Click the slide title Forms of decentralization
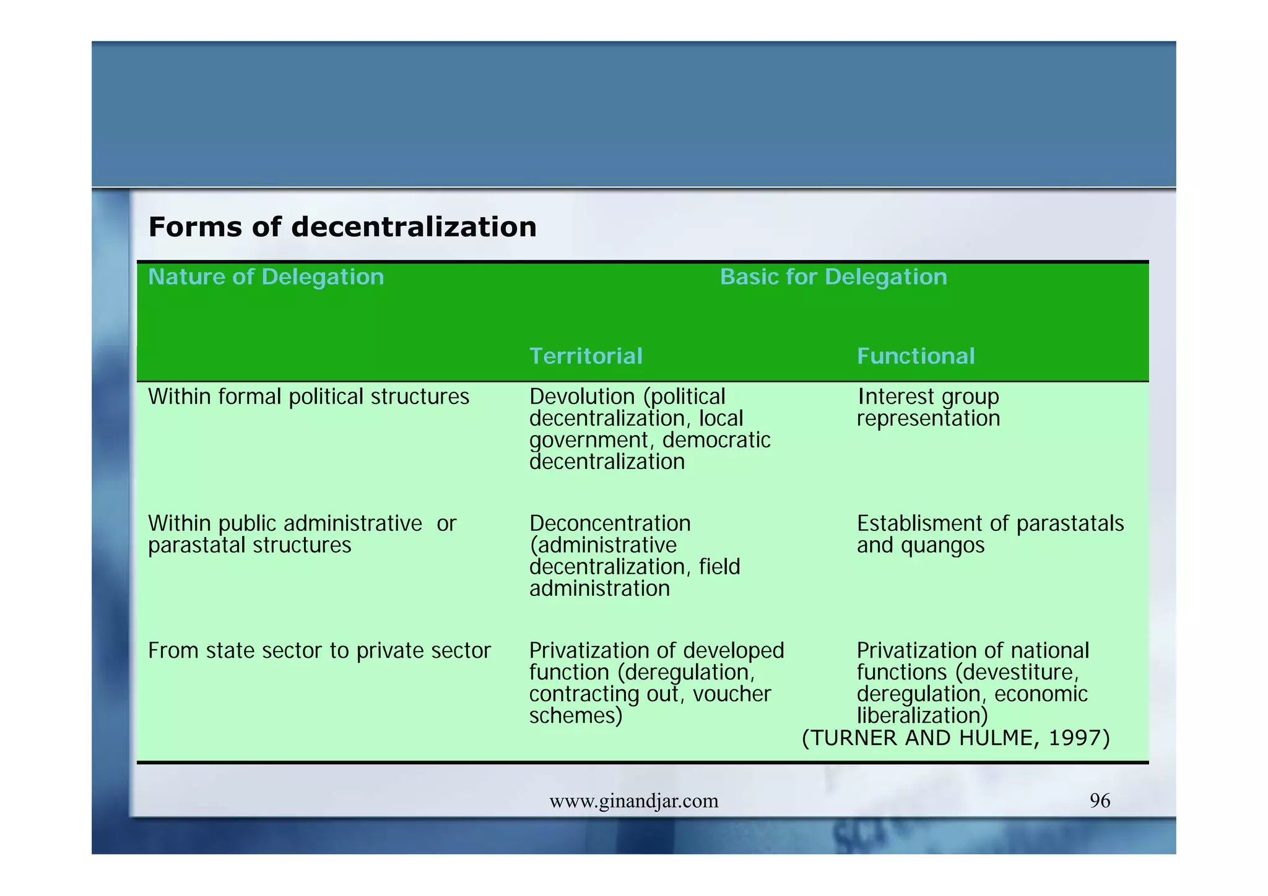[x=342, y=227]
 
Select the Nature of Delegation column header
[x=266, y=277]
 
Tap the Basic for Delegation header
[x=833, y=277]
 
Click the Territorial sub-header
[x=586, y=356]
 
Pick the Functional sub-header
[x=916, y=356]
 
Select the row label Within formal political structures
[x=308, y=397]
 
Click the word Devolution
[x=581, y=397]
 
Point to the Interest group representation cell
[x=927, y=408]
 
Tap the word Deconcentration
[x=610, y=523]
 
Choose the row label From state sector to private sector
[x=319, y=651]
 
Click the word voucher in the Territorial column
[x=732, y=694]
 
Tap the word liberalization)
[x=922, y=716]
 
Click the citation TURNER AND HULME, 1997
[x=955, y=738]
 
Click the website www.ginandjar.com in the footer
[x=634, y=801]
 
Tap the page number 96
[x=1100, y=801]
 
